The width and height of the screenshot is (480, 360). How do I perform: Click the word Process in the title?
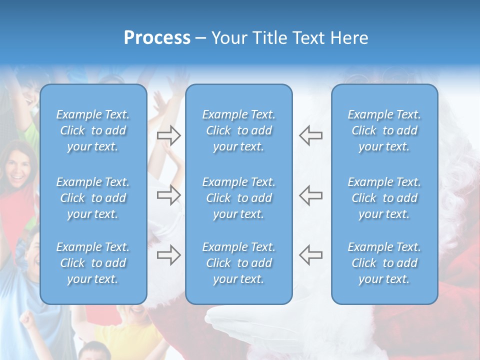157,37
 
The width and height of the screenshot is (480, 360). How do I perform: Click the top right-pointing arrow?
169,135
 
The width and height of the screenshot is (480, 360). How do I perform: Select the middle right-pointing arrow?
169,195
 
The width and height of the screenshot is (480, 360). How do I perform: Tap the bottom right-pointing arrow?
169,255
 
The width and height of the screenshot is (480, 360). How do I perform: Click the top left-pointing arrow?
310,135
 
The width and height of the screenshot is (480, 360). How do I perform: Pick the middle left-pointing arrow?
310,195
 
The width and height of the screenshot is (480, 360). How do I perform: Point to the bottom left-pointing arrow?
310,255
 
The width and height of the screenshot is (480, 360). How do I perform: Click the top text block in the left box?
93,130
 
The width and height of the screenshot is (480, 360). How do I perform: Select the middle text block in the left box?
93,198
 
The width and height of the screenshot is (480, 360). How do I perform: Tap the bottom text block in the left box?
93,263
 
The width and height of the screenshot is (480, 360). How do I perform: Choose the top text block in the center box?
239,130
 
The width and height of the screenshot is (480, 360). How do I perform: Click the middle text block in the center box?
239,198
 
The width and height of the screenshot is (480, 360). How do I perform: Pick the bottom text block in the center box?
239,263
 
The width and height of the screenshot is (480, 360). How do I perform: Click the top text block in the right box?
384,130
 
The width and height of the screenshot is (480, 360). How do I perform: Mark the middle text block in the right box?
384,198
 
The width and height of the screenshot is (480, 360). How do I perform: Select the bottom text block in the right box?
384,263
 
